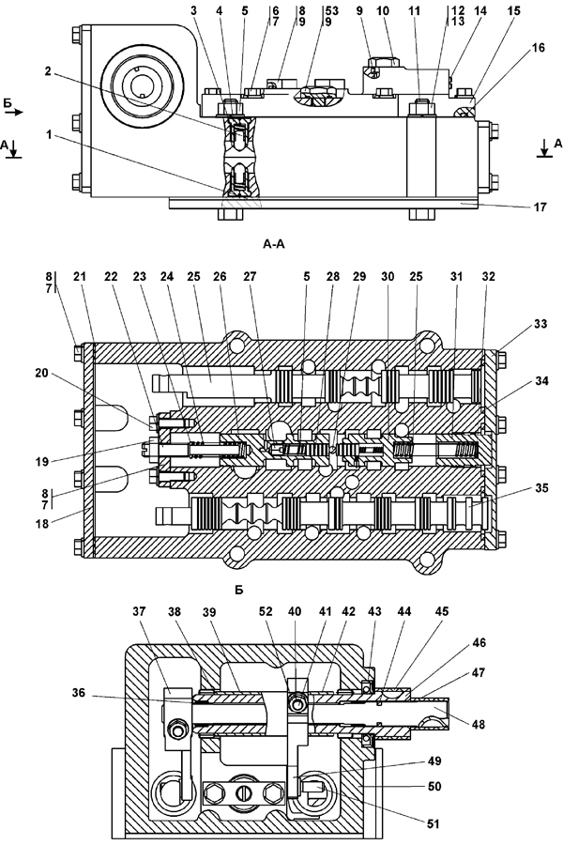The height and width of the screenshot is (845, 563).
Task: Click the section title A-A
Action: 273,245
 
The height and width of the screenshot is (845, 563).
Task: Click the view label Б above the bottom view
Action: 239,591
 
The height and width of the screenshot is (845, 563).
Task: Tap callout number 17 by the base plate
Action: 540,207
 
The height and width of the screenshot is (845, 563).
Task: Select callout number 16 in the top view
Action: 539,48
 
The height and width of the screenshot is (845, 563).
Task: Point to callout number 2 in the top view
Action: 48,71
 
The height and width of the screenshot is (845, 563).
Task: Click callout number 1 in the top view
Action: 49,135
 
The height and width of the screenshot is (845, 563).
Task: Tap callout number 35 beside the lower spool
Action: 541,487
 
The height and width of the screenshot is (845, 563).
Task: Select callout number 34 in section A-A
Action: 541,381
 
